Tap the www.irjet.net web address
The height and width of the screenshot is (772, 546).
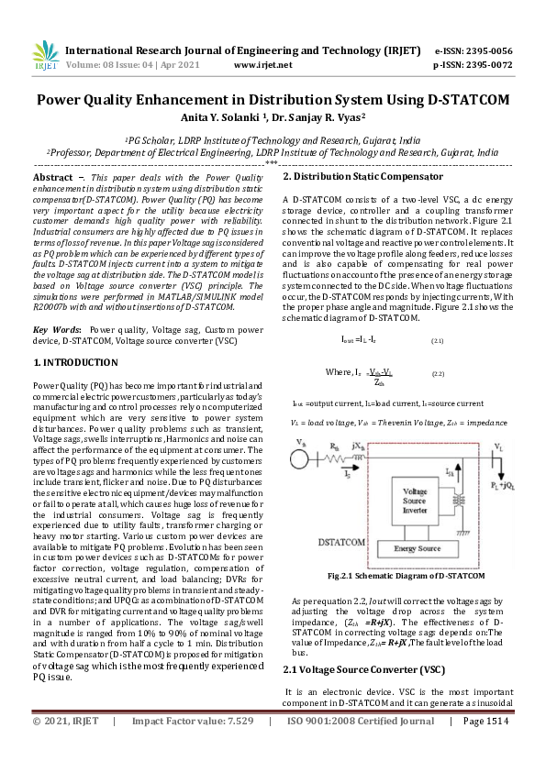tap(263, 65)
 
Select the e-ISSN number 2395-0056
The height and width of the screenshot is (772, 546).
tap(486, 51)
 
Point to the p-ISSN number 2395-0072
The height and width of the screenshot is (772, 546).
tap(486, 65)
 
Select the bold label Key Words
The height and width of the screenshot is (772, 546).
tap(55, 328)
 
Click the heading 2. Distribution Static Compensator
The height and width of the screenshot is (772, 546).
tap(362, 176)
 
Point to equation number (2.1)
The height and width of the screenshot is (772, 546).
tap(438, 340)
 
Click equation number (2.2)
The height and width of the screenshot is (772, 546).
tap(438, 375)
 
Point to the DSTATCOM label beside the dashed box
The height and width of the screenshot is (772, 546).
tap(318, 543)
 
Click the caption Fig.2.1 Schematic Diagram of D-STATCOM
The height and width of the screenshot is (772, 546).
tap(394, 576)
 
